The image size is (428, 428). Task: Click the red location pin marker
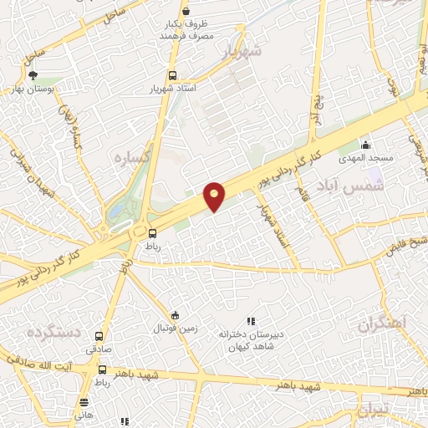pos(215,196)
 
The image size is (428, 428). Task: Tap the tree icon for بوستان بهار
pos(33,75)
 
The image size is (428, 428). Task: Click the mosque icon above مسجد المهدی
pos(364,145)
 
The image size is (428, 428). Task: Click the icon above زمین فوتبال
pos(174,315)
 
